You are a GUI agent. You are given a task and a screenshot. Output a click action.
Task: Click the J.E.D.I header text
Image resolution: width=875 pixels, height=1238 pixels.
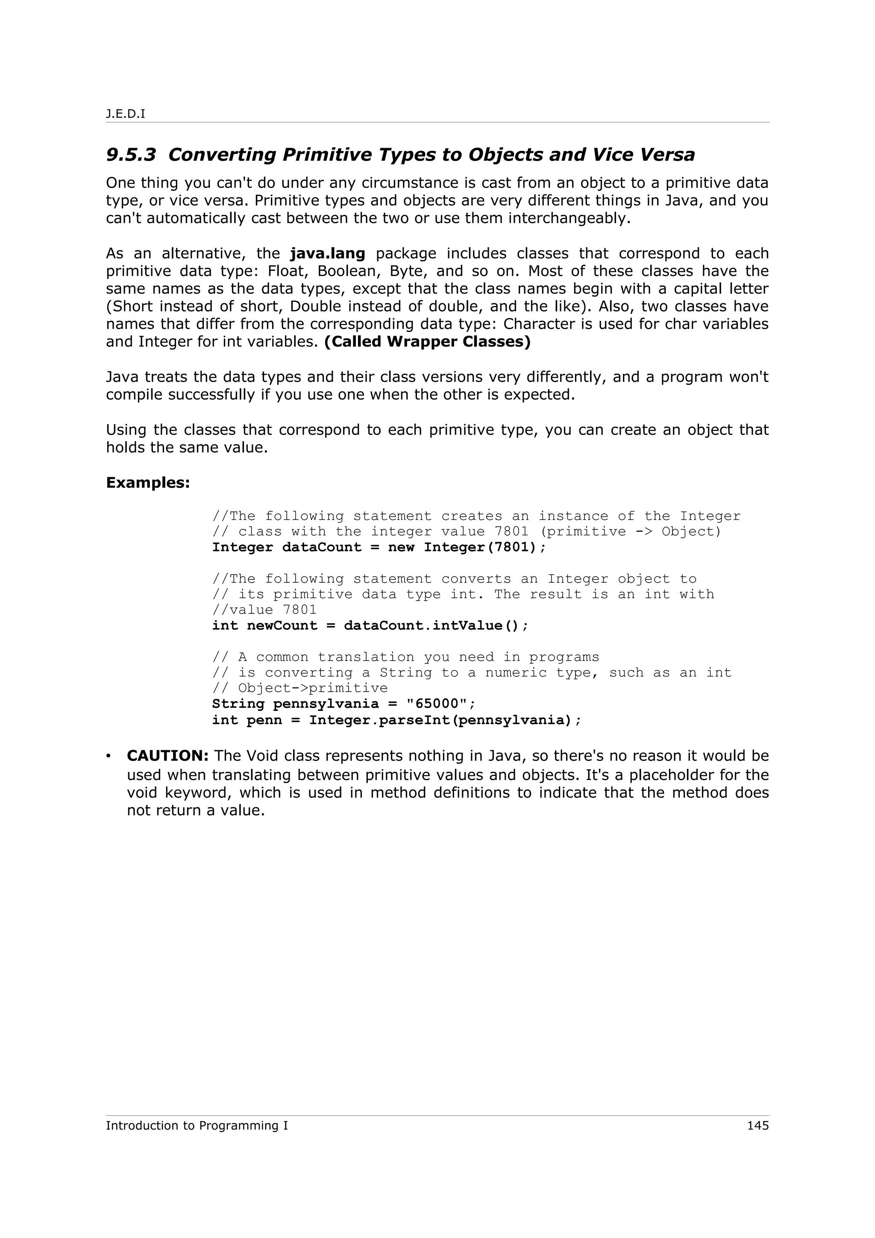point(126,114)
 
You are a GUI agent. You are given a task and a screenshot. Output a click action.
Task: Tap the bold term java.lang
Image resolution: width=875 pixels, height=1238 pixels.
point(327,253)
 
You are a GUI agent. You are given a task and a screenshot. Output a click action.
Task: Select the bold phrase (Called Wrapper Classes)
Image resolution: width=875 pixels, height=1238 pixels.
point(427,342)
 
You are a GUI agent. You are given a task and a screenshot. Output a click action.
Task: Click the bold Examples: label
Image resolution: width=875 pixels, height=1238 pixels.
point(148,483)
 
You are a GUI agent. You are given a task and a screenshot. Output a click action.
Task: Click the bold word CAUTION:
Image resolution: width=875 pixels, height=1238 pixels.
point(167,756)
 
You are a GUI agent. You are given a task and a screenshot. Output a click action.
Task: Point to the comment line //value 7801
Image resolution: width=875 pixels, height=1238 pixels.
point(264,610)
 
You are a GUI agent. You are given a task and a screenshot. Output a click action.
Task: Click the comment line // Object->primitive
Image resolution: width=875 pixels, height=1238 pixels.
point(300,689)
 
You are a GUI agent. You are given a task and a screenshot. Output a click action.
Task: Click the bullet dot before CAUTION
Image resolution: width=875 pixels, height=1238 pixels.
point(109,757)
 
